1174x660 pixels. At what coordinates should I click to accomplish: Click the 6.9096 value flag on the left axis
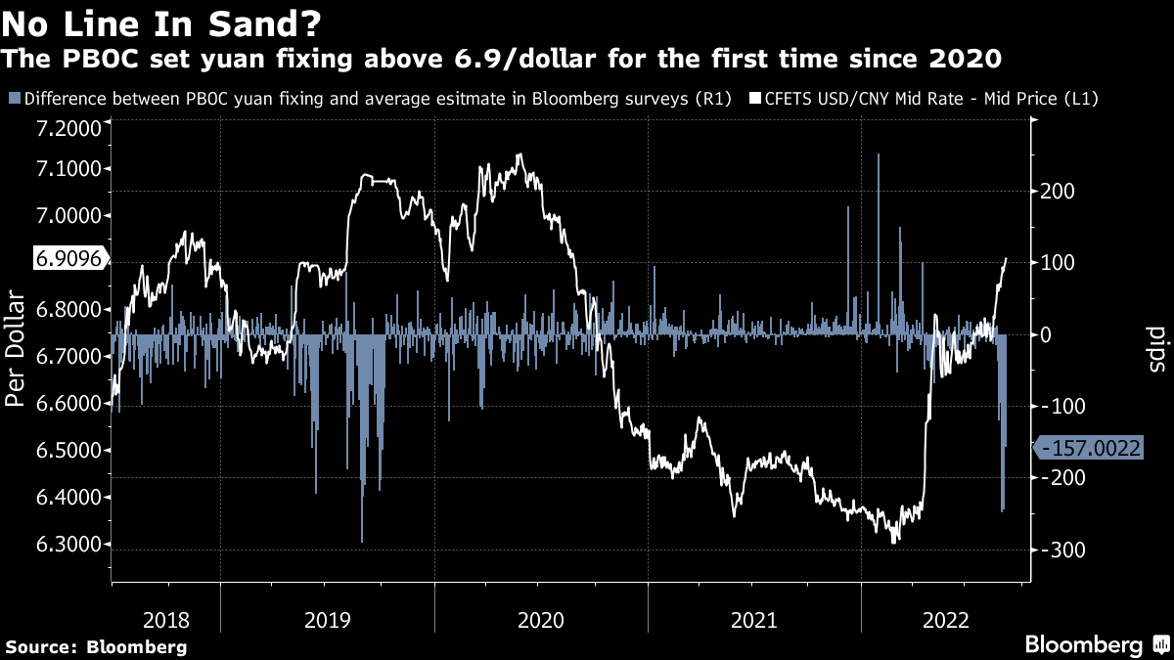(68, 260)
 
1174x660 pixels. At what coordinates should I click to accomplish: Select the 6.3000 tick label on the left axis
(69, 545)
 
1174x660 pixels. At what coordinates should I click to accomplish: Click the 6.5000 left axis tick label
(69, 451)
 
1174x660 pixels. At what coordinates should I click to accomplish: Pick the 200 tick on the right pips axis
(1057, 191)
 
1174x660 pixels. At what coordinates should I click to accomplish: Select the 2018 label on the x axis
(166, 619)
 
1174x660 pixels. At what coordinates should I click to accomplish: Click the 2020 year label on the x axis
(540, 619)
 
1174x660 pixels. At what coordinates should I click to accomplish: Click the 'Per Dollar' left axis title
(17, 346)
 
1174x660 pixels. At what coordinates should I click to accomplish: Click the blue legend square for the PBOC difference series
(14, 99)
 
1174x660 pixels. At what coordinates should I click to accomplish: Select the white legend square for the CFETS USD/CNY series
(755, 99)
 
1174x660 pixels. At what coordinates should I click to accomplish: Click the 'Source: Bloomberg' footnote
(96, 647)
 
